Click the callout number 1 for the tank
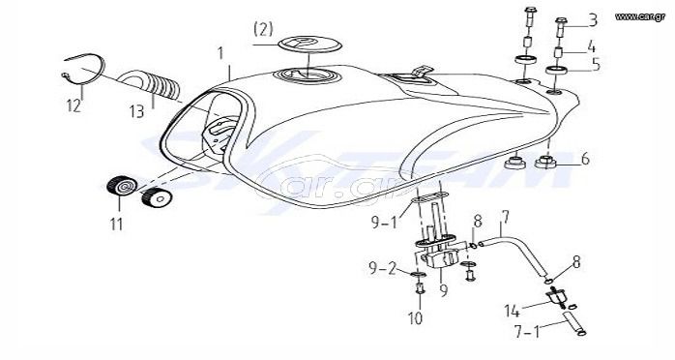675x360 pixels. (x=220, y=53)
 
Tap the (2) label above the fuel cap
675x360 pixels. (x=263, y=29)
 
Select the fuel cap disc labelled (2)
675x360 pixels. (x=310, y=45)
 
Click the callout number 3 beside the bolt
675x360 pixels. (x=593, y=19)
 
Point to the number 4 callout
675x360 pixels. (x=591, y=46)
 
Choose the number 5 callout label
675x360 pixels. (x=596, y=64)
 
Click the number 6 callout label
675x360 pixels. (x=585, y=159)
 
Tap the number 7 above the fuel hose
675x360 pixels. (x=505, y=217)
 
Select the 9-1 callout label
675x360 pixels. (x=385, y=222)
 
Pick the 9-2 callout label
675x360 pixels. (x=382, y=269)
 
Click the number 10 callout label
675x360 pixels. (x=416, y=318)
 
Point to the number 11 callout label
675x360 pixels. (x=116, y=224)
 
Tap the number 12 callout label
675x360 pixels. (x=73, y=105)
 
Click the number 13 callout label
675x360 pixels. (x=137, y=111)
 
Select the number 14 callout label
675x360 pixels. (x=512, y=311)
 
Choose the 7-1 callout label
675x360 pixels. (x=527, y=332)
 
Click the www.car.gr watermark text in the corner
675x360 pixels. (x=639, y=16)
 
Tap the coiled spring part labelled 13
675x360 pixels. (x=151, y=85)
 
